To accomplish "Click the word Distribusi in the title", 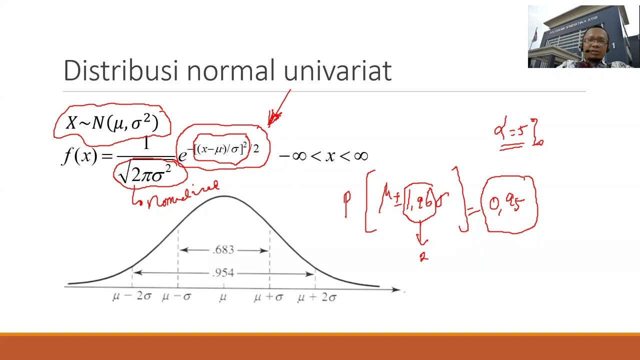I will point(120,70).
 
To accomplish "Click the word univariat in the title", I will point(337,70).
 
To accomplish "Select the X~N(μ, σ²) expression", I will point(112,122).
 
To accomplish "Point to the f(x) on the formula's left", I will point(79,156).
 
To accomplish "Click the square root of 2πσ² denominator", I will point(145,173).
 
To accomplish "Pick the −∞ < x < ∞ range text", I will point(323,156).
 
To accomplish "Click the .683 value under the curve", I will point(223,250).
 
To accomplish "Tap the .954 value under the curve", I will point(223,273).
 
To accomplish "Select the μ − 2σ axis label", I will point(131,296).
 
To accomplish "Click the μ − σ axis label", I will point(176,296).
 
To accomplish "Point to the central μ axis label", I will point(223,297).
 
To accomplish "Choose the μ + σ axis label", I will point(268,297).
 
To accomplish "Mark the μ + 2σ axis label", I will point(317,297).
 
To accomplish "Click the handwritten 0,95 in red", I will point(508,204).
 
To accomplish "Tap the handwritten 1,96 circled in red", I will point(420,202).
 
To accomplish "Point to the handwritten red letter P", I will point(347,202).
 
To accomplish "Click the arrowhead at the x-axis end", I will point(397,289).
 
